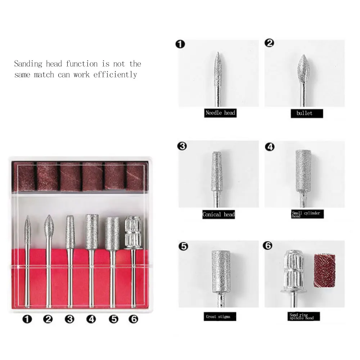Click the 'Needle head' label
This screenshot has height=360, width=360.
[220, 113]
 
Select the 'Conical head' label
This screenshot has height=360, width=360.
[218, 215]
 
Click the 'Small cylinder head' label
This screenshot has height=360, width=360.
[306, 214]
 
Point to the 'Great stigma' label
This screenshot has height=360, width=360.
[218, 317]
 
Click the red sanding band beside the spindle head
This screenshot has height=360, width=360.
[324, 270]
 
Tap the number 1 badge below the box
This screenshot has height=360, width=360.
[27, 319]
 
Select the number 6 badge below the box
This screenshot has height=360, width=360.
[133, 319]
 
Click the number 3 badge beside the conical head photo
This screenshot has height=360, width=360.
[183, 146]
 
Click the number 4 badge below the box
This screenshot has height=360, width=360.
[91, 319]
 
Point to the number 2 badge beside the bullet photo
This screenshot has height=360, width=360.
[269, 43]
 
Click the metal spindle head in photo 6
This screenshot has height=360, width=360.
[294, 268]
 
